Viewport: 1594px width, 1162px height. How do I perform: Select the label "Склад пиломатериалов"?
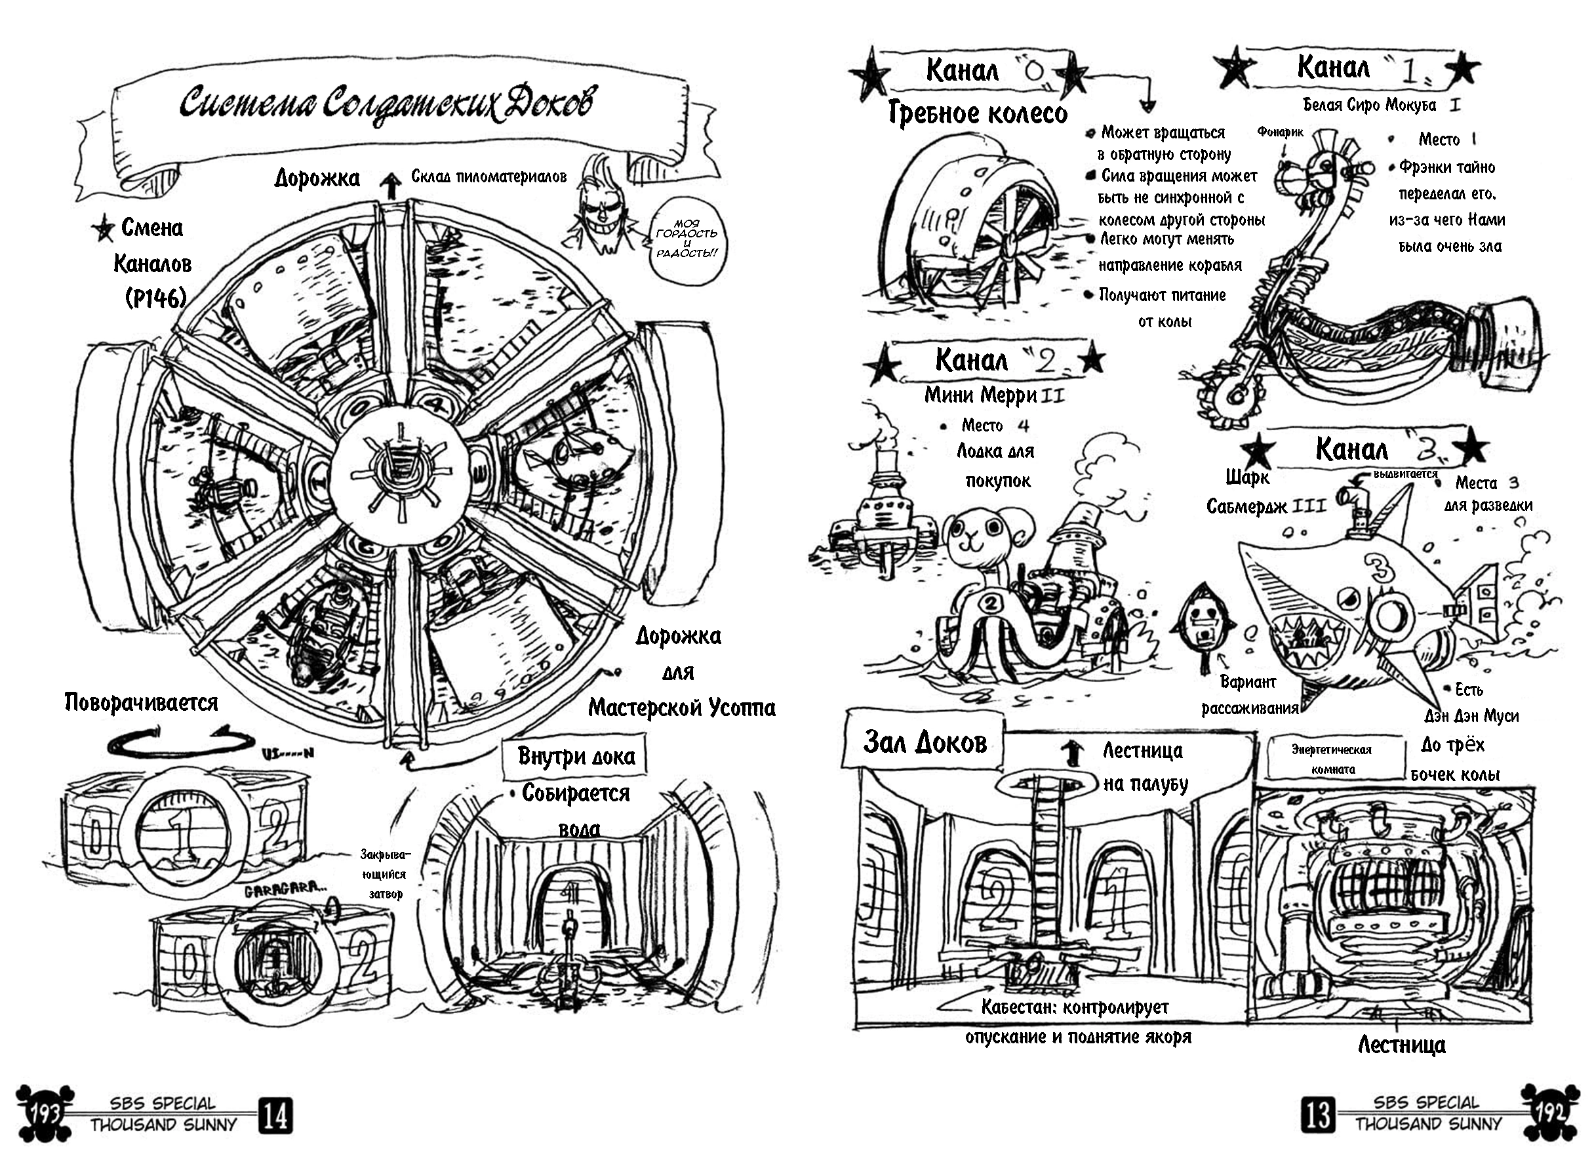coord(488,176)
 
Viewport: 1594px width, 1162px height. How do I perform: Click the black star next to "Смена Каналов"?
coord(104,229)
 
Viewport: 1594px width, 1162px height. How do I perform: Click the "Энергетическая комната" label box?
coord(1331,759)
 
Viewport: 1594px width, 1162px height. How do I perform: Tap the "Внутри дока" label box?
coord(575,756)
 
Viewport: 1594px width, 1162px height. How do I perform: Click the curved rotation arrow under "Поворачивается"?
coord(182,742)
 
